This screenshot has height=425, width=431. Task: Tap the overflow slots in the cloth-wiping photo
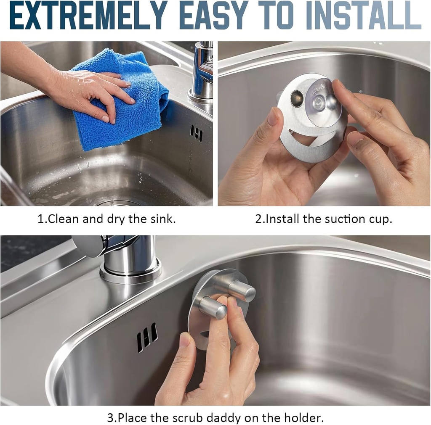tap(196, 133)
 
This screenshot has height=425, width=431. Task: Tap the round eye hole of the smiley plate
tap(297, 98)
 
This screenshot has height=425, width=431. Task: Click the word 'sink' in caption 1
tap(162, 219)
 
